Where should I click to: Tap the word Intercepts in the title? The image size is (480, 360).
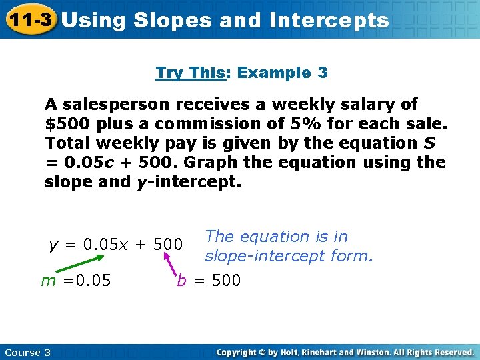(329, 21)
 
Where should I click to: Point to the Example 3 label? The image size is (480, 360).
(283, 73)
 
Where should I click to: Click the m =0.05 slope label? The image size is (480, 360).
(76, 281)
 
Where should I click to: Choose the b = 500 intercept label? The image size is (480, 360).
(209, 281)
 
